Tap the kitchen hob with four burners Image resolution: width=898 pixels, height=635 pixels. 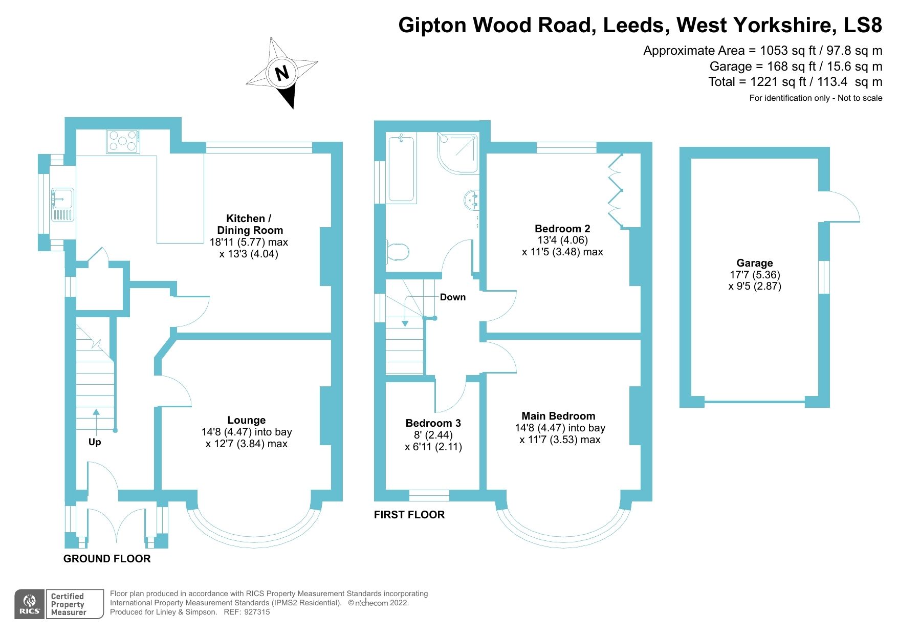tap(123, 141)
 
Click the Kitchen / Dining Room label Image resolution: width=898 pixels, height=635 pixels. tap(249, 224)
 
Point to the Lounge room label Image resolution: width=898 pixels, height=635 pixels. tap(247, 420)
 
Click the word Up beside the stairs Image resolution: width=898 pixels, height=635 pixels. tap(95, 442)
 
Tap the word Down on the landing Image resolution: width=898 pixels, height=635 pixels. tap(452, 297)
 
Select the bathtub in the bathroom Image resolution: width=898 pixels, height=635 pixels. tap(401, 168)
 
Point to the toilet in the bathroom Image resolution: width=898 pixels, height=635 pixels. tap(398, 252)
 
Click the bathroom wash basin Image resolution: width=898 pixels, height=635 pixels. tap(472, 200)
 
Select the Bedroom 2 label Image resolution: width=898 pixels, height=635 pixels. tap(562, 229)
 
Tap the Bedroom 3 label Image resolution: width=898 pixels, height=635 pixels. tap(433, 423)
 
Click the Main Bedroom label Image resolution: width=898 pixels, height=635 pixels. tap(558, 416)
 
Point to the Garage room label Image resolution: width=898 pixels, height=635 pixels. tap(754, 263)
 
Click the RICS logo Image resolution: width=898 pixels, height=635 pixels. tap(30, 604)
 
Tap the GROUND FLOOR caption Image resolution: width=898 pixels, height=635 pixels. tap(107, 559)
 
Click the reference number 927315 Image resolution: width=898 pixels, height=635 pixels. tap(257, 612)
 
